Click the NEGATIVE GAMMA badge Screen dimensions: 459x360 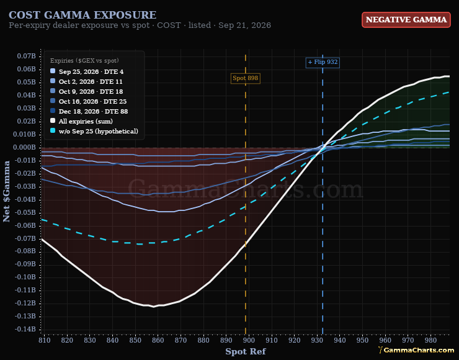406,20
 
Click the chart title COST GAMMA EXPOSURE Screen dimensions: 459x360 82,15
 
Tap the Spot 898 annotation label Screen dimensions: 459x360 245,78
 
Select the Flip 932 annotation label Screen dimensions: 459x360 323,62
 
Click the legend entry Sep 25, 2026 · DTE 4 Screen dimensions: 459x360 91,72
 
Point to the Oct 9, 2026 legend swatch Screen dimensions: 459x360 53,91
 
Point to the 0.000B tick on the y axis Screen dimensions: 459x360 24,148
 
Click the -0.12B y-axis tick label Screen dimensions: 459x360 25,303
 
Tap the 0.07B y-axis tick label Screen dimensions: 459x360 26,56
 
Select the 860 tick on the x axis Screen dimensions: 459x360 158,340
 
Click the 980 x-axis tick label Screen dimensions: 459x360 430,340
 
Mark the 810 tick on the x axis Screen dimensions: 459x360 45,340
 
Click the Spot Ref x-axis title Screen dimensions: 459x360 246,351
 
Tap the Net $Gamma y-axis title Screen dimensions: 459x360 6,191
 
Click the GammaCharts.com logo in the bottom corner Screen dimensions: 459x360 416,349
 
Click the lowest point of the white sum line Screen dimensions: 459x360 153,307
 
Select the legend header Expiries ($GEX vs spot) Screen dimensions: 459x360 84,61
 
